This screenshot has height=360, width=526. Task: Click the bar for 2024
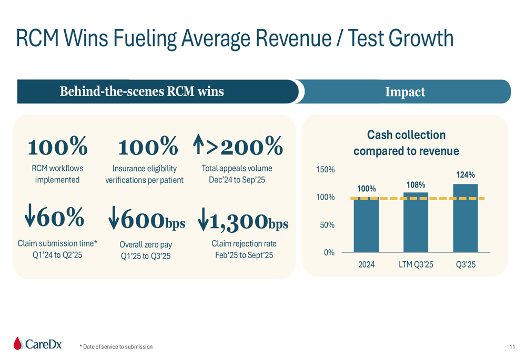coord(366,224)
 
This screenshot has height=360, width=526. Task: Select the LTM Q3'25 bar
coord(416,222)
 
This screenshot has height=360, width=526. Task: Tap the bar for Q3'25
coord(466,218)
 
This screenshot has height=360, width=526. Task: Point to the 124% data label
coord(466,175)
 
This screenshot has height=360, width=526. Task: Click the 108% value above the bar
coord(416,185)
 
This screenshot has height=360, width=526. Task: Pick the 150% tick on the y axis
coord(325,170)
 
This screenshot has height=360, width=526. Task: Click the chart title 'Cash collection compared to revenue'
coord(406,143)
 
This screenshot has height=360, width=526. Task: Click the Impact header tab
coord(405,92)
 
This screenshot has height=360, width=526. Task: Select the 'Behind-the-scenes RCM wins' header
coord(141,91)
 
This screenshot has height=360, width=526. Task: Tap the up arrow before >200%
coord(199,146)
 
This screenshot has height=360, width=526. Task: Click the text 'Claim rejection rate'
coord(244,244)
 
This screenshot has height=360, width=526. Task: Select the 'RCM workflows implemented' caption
coord(57,174)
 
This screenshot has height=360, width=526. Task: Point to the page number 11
coord(512,346)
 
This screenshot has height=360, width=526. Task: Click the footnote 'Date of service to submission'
coord(118,347)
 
